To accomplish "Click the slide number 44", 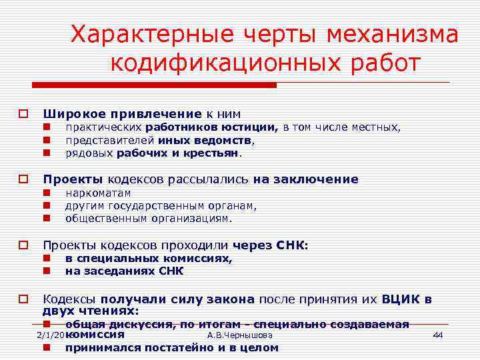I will click(437, 335).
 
